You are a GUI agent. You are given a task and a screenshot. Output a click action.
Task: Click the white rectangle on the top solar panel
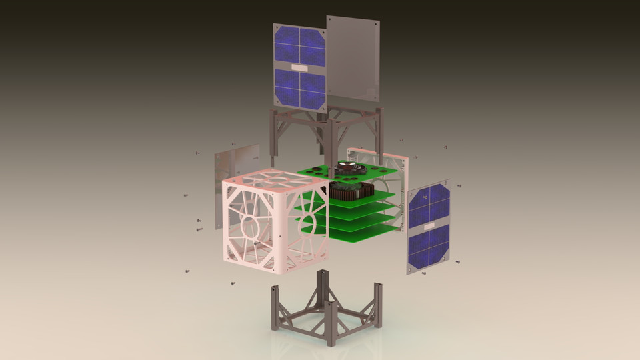(299, 67)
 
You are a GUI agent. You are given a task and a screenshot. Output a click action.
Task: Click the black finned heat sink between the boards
(349, 191)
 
